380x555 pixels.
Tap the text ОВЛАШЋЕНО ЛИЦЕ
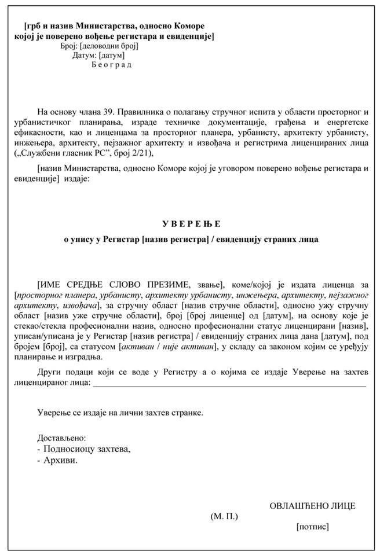tap(313, 505)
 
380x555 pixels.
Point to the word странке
tap(186, 413)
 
